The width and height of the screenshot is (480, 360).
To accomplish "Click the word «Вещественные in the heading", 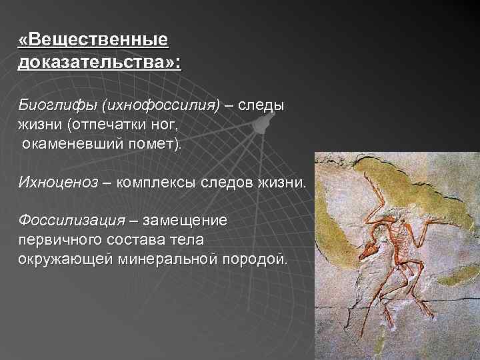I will [94, 41].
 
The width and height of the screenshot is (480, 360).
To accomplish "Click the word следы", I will [261, 105].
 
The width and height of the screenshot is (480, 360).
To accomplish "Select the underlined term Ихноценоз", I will [58, 182].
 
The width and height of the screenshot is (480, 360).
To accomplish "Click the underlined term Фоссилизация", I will [72, 220].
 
